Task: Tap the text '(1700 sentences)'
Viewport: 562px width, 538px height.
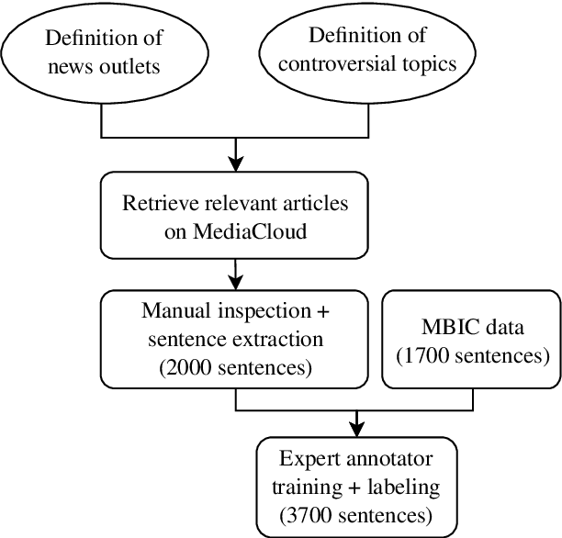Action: click(x=471, y=353)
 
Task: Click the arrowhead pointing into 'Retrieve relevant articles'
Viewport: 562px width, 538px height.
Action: click(x=236, y=164)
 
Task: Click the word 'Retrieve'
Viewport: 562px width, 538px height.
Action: click(x=154, y=202)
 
